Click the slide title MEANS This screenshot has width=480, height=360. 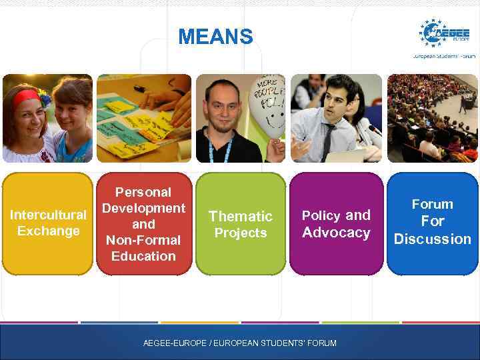pos(215,37)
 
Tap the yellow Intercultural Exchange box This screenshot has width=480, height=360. pos(47,223)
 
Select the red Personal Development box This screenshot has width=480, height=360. pos(143,223)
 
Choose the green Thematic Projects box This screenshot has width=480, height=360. pos(240,224)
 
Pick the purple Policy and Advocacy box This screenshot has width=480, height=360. pos(336,224)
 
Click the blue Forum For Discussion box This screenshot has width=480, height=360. pos(432,223)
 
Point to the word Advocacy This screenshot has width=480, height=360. pos(336,233)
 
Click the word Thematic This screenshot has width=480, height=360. pos(240,216)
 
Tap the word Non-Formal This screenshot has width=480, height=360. pos(143,240)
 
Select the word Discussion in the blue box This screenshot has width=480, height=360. pos(432,239)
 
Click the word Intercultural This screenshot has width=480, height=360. pos(47,215)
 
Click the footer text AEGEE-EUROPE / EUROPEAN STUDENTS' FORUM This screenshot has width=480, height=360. pos(240,343)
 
